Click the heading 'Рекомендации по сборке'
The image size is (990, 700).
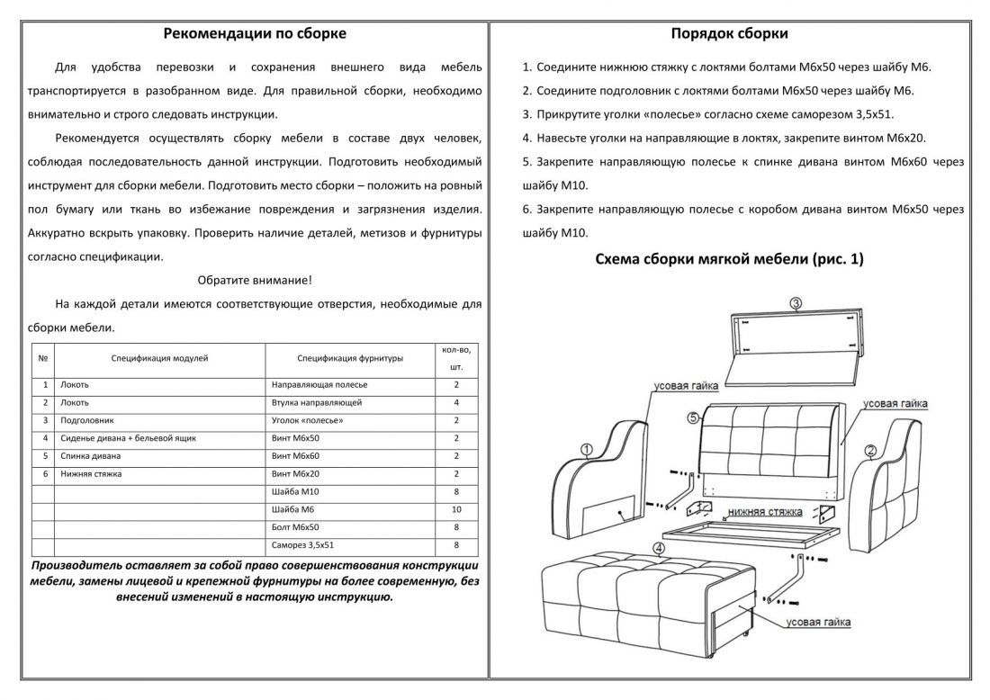tap(255, 34)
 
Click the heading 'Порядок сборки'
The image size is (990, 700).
tap(730, 34)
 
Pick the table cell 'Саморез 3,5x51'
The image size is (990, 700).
tap(302, 545)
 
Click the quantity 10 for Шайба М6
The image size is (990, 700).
tap(457, 510)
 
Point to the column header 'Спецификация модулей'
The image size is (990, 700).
tap(160, 358)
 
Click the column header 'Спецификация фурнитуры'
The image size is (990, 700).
tap(350, 358)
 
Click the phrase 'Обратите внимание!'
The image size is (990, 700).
tap(255, 280)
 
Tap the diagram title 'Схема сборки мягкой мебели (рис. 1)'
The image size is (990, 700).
tap(729, 259)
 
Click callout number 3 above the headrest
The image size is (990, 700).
tap(796, 303)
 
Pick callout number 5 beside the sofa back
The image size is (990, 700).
tap(692, 417)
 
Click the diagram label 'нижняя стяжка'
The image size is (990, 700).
tap(766, 511)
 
